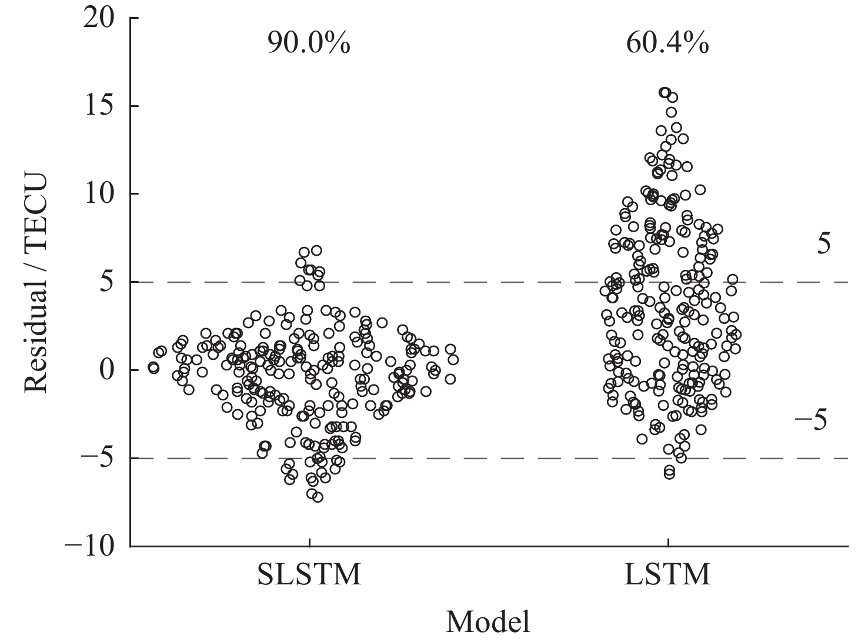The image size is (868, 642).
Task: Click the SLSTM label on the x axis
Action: pos(309,574)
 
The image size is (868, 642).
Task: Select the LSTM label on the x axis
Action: pos(667,574)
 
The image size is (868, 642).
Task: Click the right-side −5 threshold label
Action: pos(811,420)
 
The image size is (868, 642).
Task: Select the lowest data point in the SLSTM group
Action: pos(318,497)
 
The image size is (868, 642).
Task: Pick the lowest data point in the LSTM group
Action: pos(669,474)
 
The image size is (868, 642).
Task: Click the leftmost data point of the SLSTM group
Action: pos(153,368)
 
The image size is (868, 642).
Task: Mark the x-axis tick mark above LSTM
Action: pos(669,542)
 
